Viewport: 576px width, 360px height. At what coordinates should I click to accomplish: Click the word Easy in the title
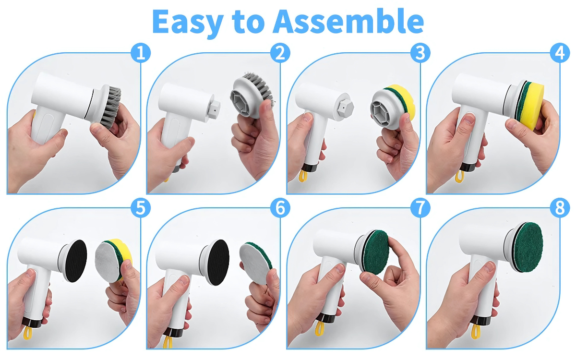point(188,23)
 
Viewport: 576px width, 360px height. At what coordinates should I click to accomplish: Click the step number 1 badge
point(140,53)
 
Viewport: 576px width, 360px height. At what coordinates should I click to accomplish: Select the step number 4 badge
point(560,53)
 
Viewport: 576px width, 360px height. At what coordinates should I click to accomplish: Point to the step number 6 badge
point(280,208)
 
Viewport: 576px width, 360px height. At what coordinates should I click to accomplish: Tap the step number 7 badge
point(420,208)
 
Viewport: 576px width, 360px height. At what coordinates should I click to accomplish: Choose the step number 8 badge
point(560,208)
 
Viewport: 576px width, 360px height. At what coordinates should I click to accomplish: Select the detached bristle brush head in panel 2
point(251,95)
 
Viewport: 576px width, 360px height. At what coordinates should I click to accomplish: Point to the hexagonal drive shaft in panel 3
point(345,108)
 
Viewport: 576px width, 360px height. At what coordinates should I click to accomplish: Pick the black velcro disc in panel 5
point(76,261)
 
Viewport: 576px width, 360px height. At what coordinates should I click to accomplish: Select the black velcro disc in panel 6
point(218,262)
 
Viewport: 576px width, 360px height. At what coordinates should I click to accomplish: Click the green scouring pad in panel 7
point(375,252)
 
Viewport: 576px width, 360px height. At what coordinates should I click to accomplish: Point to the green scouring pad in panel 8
point(528,247)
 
